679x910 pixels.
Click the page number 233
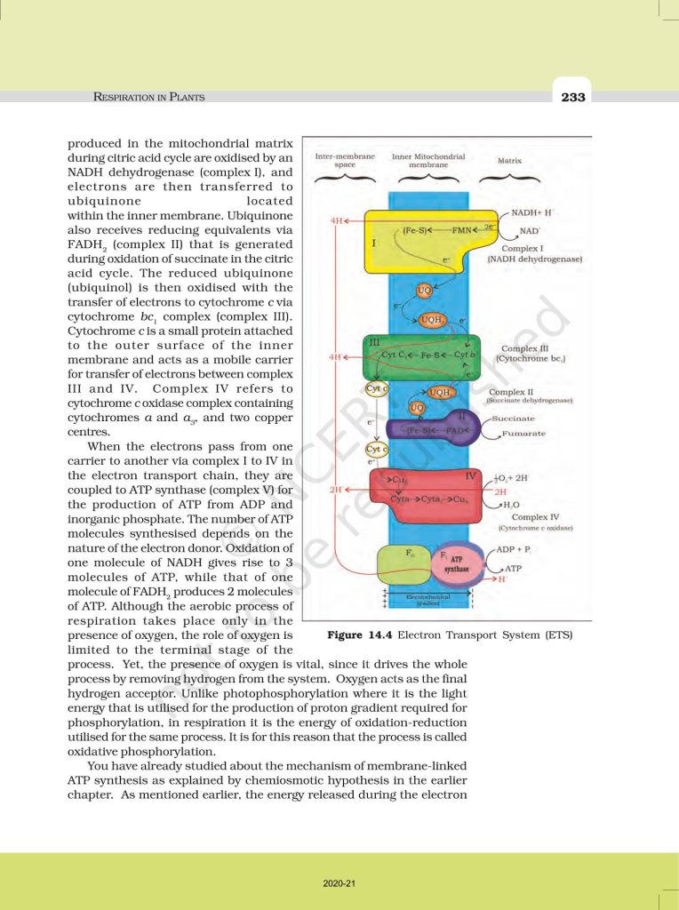click(x=573, y=97)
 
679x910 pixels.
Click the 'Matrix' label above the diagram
click(x=509, y=161)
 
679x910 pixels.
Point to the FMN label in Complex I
click(x=461, y=229)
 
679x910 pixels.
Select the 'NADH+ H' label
click(x=534, y=214)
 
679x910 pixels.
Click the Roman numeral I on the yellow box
click(x=374, y=242)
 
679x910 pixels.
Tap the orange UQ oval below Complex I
click(x=425, y=291)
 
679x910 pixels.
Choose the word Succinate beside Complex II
click(x=513, y=418)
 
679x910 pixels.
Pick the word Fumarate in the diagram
click(x=523, y=433)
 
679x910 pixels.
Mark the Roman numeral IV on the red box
click(x=472, y=477)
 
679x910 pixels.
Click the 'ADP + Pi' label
click(x=514, y=550)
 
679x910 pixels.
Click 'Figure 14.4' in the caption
click(x=360, y=635)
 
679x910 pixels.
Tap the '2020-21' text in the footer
click(x=339, y=883)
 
